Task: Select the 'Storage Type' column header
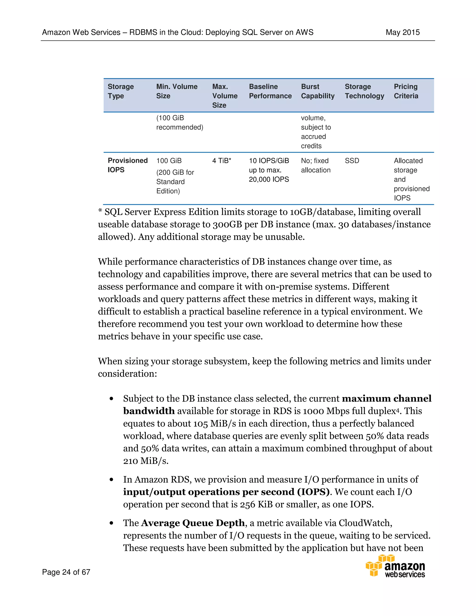121,91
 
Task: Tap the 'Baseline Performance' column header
270,91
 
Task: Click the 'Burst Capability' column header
317,91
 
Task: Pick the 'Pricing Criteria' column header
406,91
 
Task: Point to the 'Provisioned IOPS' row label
127,165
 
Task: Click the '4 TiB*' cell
222,161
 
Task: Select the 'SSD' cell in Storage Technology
352,161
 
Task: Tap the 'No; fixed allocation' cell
316,165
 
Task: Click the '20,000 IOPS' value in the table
269,179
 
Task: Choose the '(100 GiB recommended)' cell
180,123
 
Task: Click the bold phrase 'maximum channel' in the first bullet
387,398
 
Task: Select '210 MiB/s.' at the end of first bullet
146,461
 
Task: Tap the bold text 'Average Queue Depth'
193,523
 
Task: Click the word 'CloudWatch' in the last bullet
365,523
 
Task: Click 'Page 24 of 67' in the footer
66,572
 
